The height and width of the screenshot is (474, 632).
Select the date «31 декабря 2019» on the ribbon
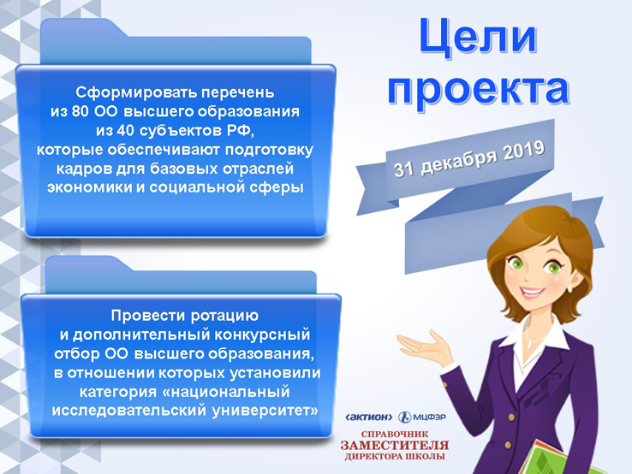pos(469,158)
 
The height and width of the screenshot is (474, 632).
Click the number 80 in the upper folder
pos(80,111)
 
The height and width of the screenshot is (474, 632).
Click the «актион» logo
pos(369,418)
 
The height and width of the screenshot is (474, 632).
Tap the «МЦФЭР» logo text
pos(430,418)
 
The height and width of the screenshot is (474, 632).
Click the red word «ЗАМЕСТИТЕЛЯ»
pos(395,446)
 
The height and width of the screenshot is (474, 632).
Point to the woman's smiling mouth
pos(533,291)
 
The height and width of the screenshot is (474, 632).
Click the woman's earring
pos(570,288)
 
